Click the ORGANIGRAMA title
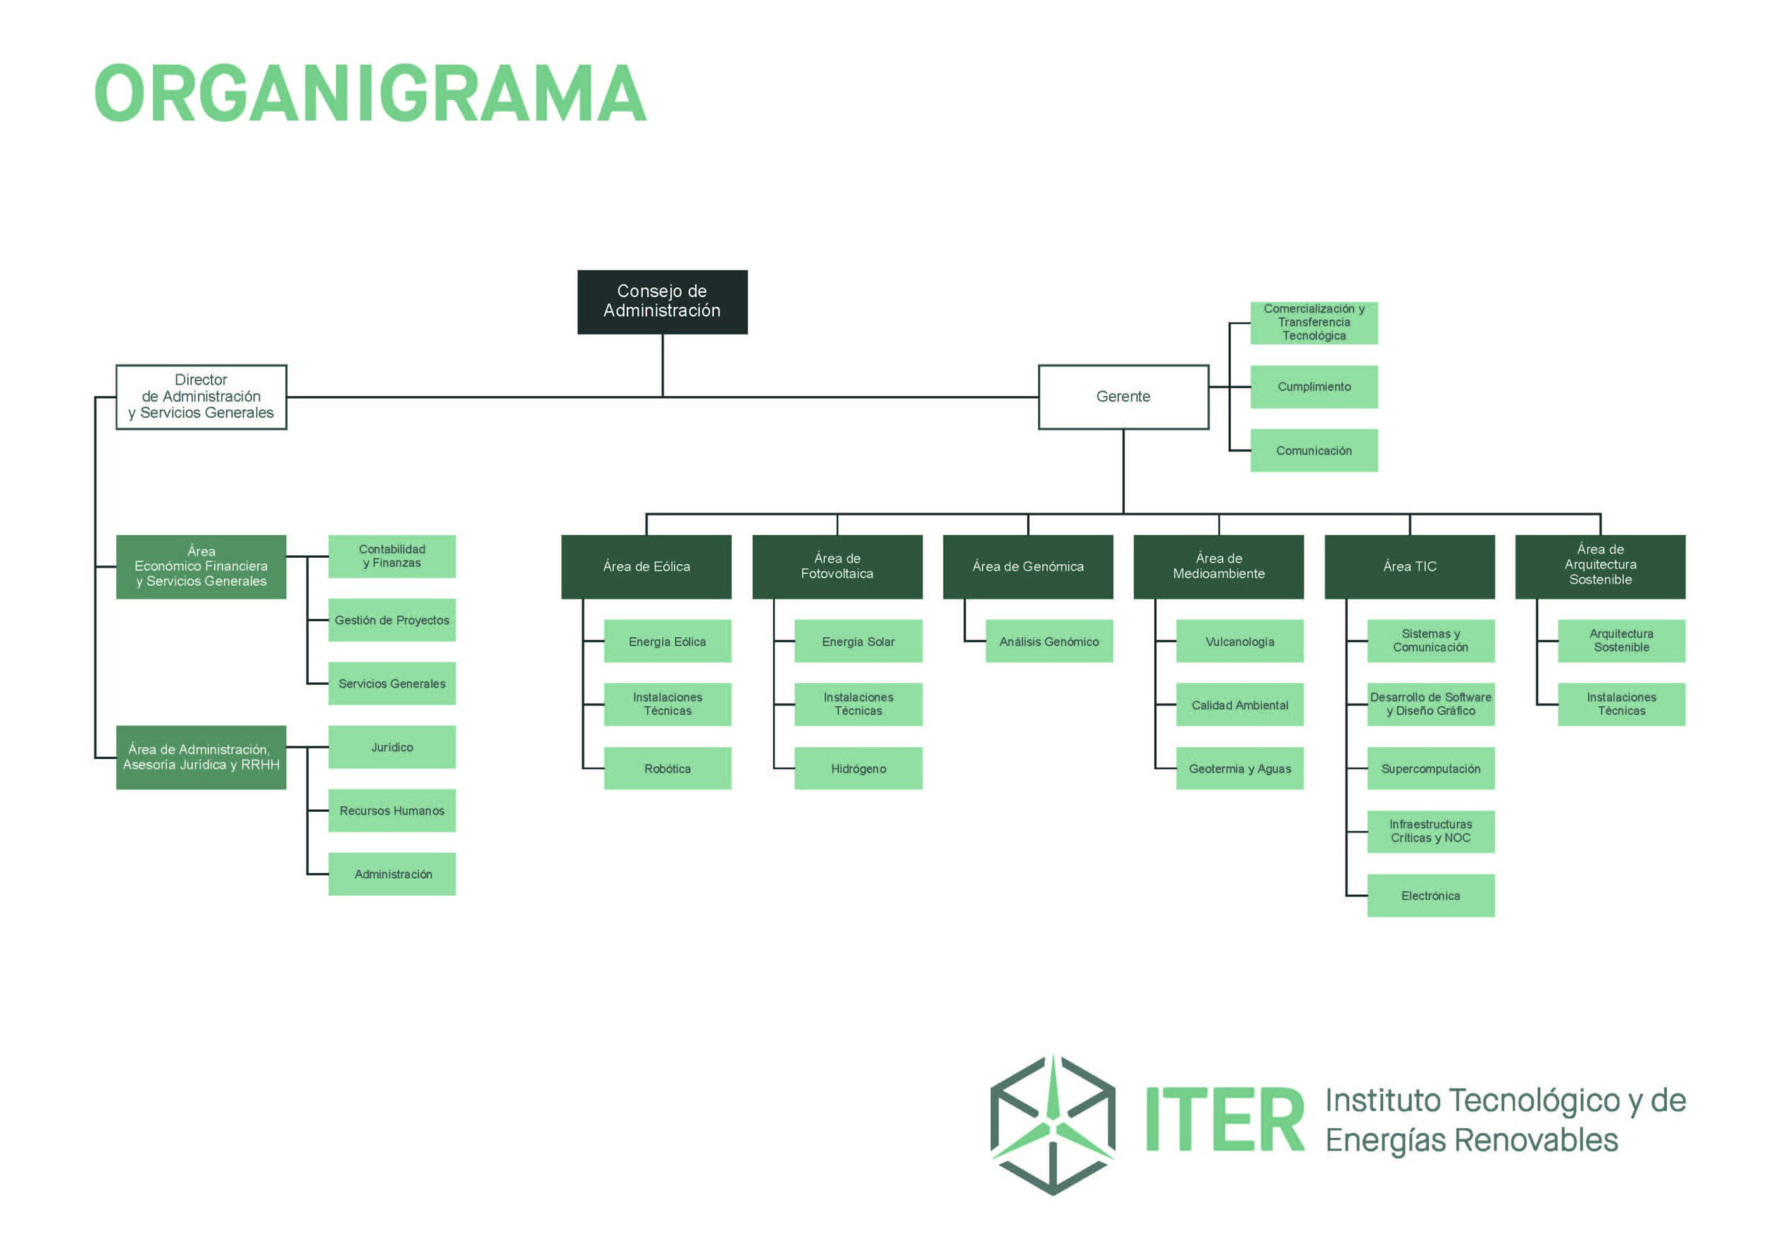click(x=370, y=94)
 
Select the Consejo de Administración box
click(x=662, y=302)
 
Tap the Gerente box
click(x=1123, y=396)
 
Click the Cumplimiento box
click(x=1314, y=386)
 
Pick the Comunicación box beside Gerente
click(x=1314, y=450)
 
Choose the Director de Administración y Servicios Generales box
click(x=201, y=396)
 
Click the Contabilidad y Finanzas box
click(x=392, y=556)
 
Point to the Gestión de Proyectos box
click(x=392, y=620)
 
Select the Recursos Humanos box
click(x=392, y=810)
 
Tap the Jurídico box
click(x=392, y=747)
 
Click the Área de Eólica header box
click(x=646, y=566)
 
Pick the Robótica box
click(x=667, y=768)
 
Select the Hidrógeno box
click(x=858, y=768)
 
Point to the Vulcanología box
click(x=1240, y=641)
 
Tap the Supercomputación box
click(x=1430, y=768)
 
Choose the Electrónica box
click(x=1430, y=895)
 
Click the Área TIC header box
click(x=1409, y=566)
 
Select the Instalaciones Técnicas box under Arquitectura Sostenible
click(x=1621, y=705)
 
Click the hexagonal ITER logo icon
click(x=1053, y=1125)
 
